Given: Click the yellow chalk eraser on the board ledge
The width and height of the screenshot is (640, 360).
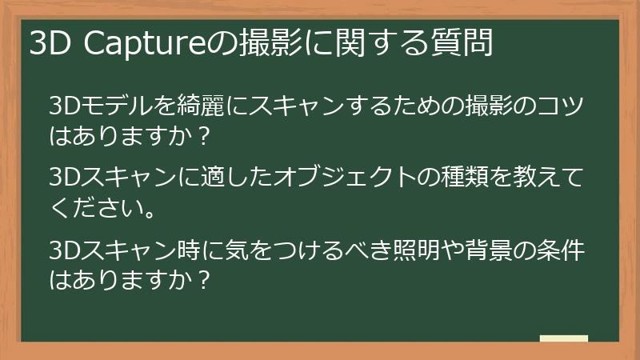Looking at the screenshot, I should [564, 338].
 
